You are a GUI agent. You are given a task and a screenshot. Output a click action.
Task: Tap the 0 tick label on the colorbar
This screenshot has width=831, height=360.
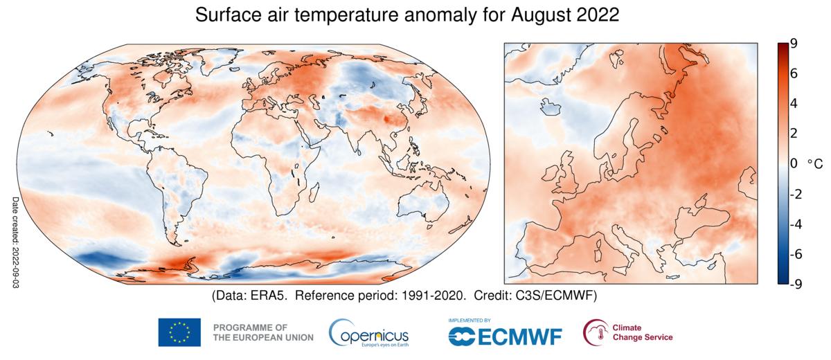(x=793, y=164)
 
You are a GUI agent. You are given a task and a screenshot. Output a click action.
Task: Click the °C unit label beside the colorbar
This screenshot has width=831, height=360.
(x=814, y=164)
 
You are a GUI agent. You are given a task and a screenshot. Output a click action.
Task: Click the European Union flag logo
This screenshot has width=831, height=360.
(x=179, y=332)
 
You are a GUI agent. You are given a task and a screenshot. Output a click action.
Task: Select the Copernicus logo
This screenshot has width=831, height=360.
(x=368, y=332)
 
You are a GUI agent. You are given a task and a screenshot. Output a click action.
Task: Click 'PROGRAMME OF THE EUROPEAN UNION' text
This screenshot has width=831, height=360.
(x=263, y=332)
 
